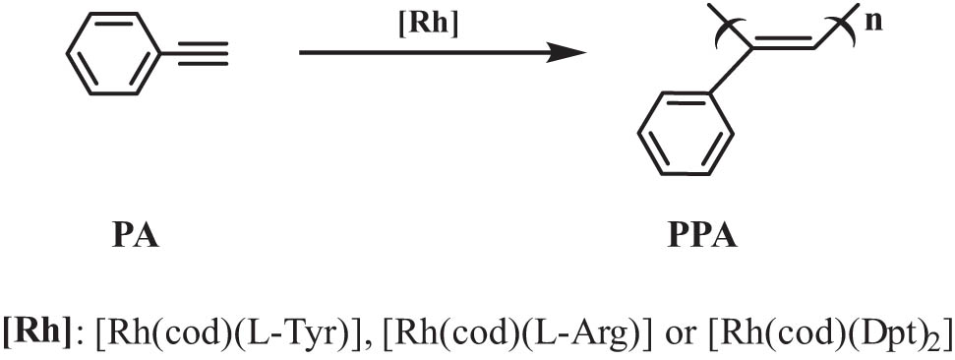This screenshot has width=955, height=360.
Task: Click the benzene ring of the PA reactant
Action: [x=114, y=54]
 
